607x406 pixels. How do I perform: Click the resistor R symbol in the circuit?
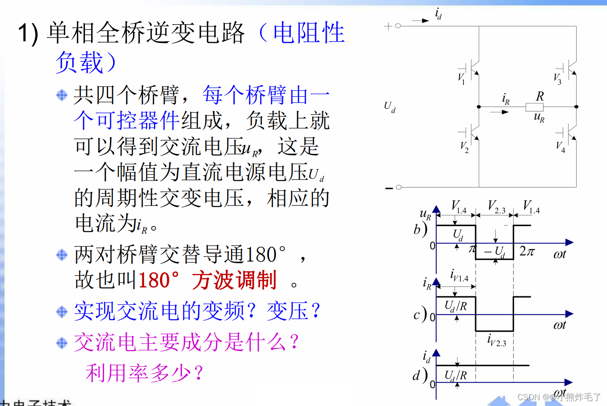(x=534, y=107)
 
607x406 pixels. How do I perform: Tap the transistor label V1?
(x=461, y=78)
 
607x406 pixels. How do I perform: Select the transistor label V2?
(x=464, y=146)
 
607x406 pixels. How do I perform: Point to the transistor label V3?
(x=557, y=79)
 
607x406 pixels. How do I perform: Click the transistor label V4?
(x=560, y=146)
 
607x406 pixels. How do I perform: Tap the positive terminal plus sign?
(x=388, y=26)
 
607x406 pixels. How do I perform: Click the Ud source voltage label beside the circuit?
(x=389, y=107)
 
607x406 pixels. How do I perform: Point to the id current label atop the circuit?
(x=438, y=14)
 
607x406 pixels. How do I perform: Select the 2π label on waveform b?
(x=527, y=251)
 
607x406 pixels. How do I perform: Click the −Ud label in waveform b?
(x=494, y=252)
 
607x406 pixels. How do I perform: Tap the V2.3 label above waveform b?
(x=496, y=207)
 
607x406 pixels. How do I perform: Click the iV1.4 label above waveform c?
(x=459, y=276)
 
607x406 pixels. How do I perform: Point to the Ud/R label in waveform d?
(x=455, y=375)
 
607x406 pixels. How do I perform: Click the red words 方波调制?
(x=234, y=280)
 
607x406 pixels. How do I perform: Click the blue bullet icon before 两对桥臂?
(x=62, y=255)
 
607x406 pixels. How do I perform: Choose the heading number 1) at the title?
(x=28, y=34)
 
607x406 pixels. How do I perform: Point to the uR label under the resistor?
(x=539, y=117)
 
